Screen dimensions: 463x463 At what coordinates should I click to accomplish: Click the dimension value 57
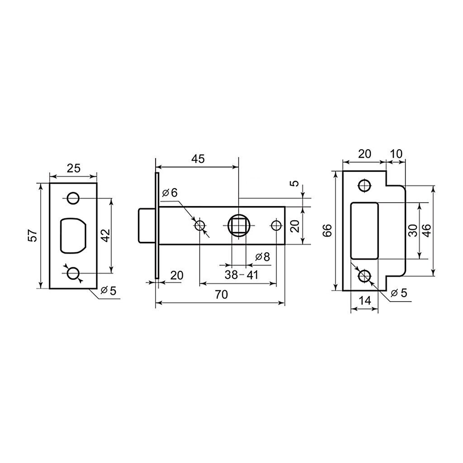[33, 235]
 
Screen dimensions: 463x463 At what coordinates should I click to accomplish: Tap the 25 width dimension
[73, 168]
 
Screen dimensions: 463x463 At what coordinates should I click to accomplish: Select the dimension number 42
[106, 235]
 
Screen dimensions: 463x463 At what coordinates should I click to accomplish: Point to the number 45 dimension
[198, 159]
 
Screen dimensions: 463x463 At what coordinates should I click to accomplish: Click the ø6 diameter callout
[170, 193]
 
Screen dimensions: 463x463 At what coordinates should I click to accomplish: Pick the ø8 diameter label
[263, 257]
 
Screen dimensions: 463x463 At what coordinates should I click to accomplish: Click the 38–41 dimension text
[241, 275]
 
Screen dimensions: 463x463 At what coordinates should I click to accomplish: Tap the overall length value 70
[221, 294]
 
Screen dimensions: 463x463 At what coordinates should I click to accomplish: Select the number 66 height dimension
[327, 231]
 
